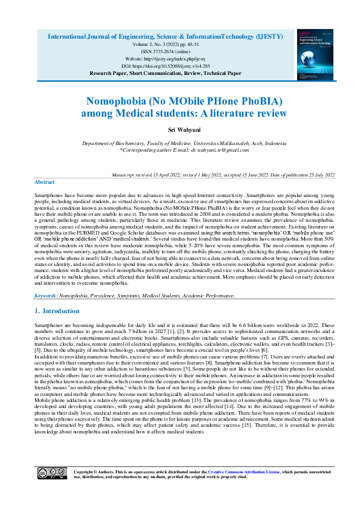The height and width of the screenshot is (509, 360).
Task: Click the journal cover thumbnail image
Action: tap(315, 55)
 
